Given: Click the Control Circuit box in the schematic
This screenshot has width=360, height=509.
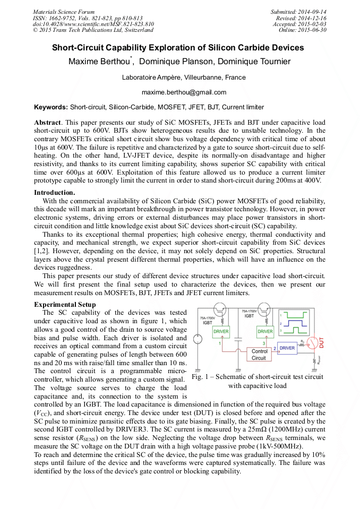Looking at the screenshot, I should [x=259, y=354].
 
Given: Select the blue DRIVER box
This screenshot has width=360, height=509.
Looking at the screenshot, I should [x=287, y=348].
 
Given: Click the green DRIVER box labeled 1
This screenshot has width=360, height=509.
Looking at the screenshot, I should [x=221, y=332].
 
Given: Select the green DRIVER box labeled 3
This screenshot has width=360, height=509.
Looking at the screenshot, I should [x=265, y=332].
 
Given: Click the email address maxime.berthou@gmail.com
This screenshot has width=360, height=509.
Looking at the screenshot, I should [x=180, y=92].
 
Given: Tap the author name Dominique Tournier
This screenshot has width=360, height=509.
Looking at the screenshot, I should [x=255, y=62].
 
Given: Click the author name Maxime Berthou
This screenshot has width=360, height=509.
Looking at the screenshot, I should [x=99, y=62].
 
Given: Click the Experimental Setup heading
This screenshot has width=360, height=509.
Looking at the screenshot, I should [x=65, y=305].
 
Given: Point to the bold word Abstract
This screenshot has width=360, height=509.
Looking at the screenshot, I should [x=47, y=122].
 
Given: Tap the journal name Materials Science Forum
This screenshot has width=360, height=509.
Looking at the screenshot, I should [x=64, y=12].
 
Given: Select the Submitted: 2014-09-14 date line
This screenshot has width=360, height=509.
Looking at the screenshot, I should [x=298, y=12].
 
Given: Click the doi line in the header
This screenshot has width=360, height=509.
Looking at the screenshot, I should [x=93, y=24].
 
